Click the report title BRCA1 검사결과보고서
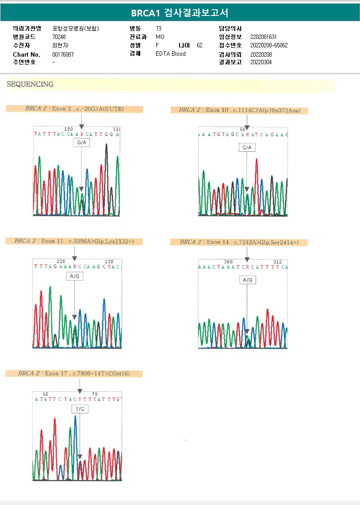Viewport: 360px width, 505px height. pyautogui.click(x=180, y=13)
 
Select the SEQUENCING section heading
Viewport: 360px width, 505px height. pyautogui.click(x=30, y=85)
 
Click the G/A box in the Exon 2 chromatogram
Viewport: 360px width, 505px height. pyautogui.click(x=81, y=143)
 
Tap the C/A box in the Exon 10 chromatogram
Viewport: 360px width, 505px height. pyautogui.click(x=247, y=147)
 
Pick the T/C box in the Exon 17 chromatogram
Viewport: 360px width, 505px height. pyautogui.click(x=80, y=409)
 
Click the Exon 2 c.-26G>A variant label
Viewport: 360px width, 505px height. pyautogui.click(x=74, y=109)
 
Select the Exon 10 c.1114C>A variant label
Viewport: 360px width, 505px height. pyautogui.click(x=239, y=110)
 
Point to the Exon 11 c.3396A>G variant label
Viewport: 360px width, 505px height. pyautogui.click(x=74, y=241)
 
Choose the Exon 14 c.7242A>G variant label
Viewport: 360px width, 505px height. pyautogui.click(x=239, y=242)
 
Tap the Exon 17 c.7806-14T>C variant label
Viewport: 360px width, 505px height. pyautogui.click(x=74, y=374)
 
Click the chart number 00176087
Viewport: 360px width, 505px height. pyautogui.click(x=63, y=54)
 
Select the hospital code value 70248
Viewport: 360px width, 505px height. pyautogui.click(x=59, y=37)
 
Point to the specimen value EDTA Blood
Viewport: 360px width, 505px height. pyautogui.click(x=171, y=54)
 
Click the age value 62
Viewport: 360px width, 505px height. pyautogui.click(x=199, y=45)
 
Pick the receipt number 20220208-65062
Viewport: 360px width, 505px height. pyautogui.click(x=269, y=46)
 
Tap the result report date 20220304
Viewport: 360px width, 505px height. pyautogui.click(x=261, y=62)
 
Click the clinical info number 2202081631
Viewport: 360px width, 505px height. pyautogui.click(x=264, y=37)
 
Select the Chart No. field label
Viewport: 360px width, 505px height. pyautogui.click(x=27, y=54)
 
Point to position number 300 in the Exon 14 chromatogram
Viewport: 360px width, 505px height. pyautogui.click(x=228, y=262)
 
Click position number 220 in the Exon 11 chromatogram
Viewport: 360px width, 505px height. pyautogui.click(x=61, y=262)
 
